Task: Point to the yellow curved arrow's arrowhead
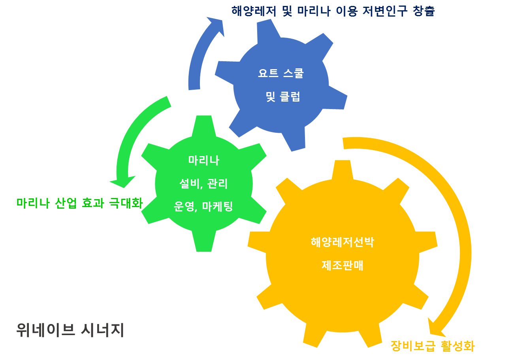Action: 435,328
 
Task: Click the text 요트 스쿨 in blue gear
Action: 281,73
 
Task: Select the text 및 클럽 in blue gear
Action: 283,96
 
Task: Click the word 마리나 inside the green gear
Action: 204,160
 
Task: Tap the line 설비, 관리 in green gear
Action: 203,183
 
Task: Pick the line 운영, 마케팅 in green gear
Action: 203,207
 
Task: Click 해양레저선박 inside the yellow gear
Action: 343,242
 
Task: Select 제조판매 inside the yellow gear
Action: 343,266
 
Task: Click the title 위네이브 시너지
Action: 70,330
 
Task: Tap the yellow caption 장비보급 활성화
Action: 433,346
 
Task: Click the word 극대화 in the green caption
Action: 126,203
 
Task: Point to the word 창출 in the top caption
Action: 424,11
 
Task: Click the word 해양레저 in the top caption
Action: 254,11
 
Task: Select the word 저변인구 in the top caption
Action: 385,11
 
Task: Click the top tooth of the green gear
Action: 204,126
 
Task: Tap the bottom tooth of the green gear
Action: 204,241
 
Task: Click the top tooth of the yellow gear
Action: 343,170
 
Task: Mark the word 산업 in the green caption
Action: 66,203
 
